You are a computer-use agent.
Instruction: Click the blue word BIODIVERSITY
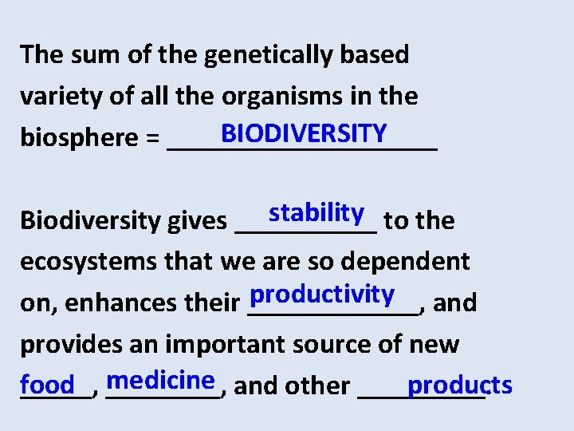[x=304, y=132]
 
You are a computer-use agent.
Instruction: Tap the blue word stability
[x=316, y=213]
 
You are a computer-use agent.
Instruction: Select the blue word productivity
[x=321, y=295]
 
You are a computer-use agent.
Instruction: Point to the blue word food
[x=48, y=386]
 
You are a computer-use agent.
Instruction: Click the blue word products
[x=459, y=386]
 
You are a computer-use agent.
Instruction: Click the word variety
[x=53, y=97]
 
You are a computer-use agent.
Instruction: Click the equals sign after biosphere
[x=152, y=139]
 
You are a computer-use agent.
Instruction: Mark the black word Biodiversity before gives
[x=91, y=220]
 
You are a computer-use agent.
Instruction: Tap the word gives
[x=195, y=221]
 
